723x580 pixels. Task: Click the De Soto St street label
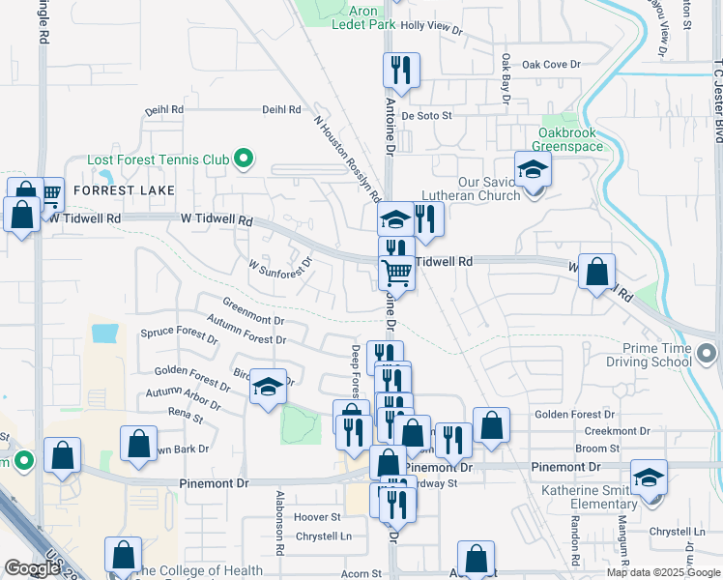[x=426, y=115]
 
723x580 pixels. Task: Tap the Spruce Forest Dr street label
[x=179, y=333]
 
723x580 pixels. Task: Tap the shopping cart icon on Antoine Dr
[x=396, y=275]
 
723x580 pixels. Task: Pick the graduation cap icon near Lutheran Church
[x=532, y=170]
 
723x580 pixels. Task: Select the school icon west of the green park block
[x=269, y=389]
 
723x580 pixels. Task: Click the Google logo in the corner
[x=33, y=568]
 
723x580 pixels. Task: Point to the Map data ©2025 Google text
[x=662, y=572]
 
